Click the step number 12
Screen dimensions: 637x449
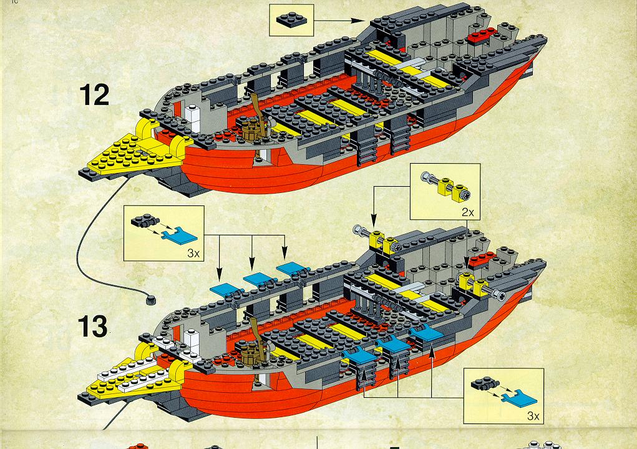click(94, 95)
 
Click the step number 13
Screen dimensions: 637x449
click(92, 326)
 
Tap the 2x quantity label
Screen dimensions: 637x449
click(467, 212)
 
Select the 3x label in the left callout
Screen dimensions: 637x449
click(193, 254)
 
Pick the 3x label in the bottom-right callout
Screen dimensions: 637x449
click(533, 416)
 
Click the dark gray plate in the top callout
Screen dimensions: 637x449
click(292, 20)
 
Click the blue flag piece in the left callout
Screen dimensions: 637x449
click(179, 236)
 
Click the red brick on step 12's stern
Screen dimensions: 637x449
click(482, 36)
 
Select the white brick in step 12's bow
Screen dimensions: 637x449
click(193, 119)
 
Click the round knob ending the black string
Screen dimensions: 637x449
click(150, 300)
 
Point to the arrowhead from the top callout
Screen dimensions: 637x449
click(358, 21)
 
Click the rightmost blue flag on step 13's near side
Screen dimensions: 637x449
click(426, 333)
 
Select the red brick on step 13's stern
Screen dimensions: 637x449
click(482, 260)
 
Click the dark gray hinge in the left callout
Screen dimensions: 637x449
click(145, 220)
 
